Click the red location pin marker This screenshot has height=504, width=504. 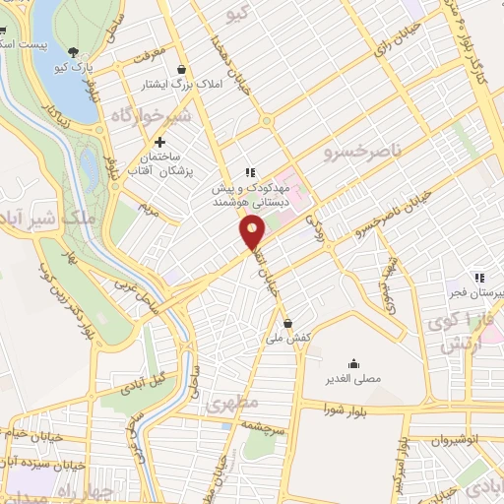(x=252, y=232)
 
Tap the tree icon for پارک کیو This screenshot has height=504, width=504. (x=74, y=52)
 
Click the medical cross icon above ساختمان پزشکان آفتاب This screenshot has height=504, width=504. (x=159, y=144)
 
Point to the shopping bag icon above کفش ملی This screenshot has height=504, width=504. (x=286, y=322)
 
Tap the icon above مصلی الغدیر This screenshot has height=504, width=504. (x=353, y=361)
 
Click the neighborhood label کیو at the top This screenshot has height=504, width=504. (x=236, y=13)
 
